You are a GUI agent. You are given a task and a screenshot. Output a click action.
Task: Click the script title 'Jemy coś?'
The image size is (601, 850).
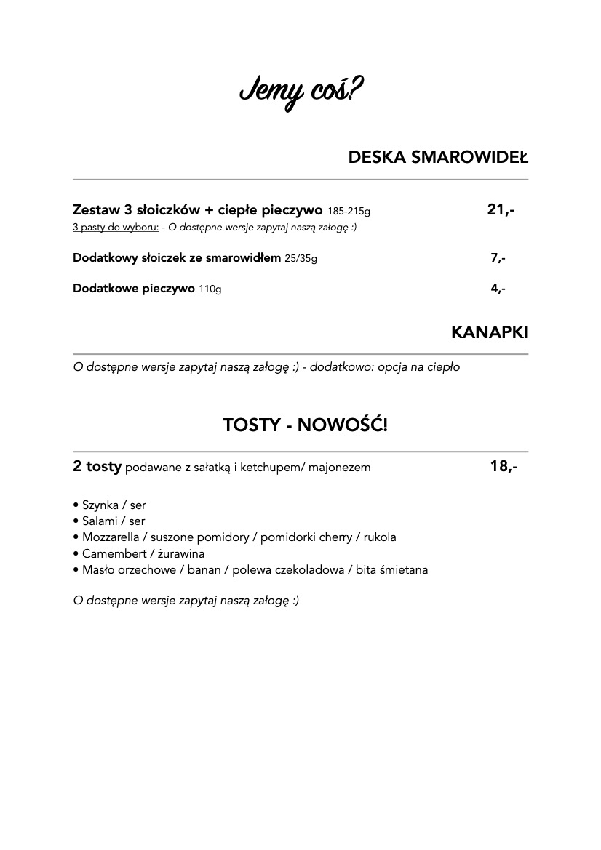(301, 93)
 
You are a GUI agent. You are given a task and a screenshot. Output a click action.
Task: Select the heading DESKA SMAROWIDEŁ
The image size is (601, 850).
(438, 157)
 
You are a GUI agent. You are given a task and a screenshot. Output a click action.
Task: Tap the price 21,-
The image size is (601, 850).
(501, 210)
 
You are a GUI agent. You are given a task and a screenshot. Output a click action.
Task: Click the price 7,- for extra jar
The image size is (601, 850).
(498, 258)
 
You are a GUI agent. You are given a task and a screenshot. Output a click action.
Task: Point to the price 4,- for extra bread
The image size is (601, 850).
(498, 289)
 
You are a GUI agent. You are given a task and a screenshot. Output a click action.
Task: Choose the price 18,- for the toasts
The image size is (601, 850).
(504, 467)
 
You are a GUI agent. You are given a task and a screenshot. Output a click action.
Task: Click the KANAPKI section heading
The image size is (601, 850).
(489, 332)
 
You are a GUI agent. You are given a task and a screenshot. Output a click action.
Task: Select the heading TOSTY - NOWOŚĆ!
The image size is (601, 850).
(305, 425)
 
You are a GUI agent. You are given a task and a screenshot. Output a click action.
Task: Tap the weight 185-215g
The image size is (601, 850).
(349, 212)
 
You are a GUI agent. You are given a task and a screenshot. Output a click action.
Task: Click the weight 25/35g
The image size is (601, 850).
(300, 259)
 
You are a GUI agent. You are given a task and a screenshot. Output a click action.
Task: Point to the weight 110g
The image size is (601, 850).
(210, 289)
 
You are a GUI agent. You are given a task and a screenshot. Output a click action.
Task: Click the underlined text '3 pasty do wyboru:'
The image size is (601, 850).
(116, 228)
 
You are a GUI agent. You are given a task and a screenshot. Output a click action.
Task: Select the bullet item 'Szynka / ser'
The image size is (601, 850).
(114, 505)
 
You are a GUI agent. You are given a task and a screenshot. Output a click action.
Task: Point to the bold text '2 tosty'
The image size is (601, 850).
(97, 467)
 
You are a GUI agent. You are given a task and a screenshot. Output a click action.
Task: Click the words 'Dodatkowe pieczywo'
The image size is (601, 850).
(133, 289)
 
